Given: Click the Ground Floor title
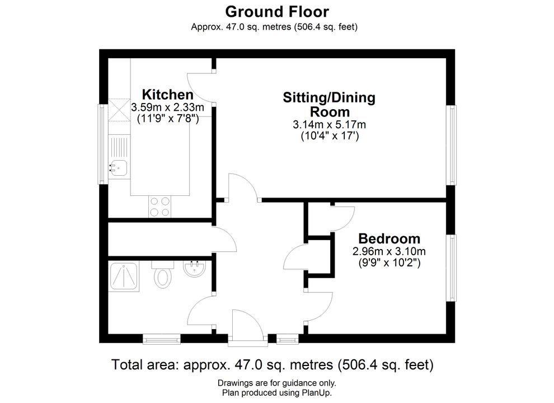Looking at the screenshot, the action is [277, 12].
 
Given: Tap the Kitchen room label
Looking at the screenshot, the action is [167, 95].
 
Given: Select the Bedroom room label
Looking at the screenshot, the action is [389, 238].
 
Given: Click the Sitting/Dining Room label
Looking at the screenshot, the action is [329, 105].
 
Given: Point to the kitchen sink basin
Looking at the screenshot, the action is [119, 168].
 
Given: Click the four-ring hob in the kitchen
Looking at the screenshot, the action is [159, 207].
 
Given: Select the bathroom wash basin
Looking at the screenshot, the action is [194, 269].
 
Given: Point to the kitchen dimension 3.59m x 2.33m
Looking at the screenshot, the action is [167, 107].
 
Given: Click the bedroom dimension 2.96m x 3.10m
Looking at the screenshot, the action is [389, 252].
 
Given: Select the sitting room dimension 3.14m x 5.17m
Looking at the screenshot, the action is [329, 125].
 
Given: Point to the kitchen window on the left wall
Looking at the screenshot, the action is [103, 144].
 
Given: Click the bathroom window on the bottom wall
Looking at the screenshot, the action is [162, 339].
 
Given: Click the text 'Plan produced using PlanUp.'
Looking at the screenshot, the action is [277, 392].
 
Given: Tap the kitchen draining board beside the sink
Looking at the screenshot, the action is [119, 147].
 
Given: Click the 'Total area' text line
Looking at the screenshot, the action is [273, 364].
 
